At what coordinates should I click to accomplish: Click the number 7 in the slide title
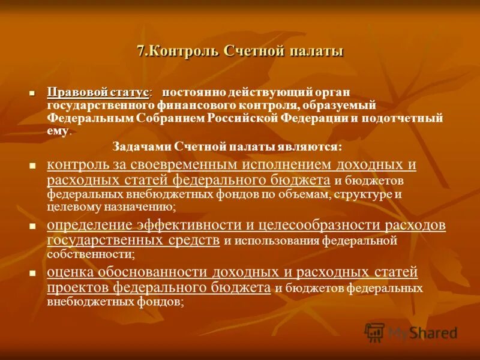tap(140, 52)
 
